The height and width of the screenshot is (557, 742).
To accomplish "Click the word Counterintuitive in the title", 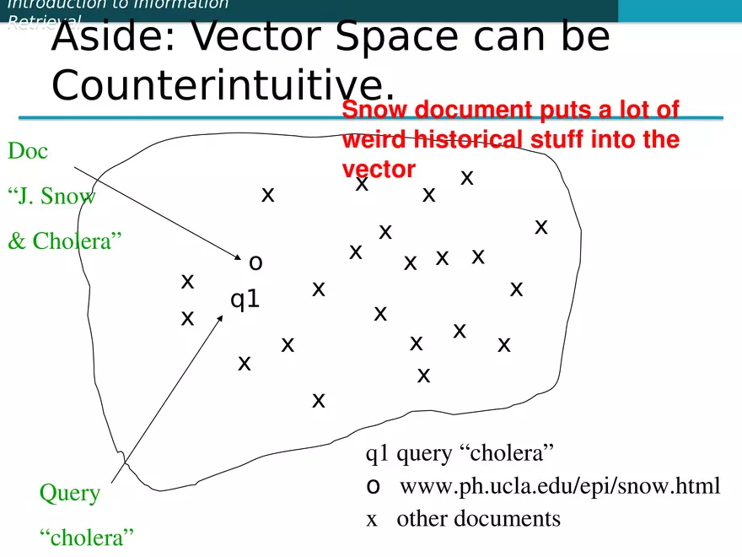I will (223, 84).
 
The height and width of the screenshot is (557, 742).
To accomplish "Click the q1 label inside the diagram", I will (245, 300).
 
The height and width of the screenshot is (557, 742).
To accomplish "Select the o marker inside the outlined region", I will (255, 262).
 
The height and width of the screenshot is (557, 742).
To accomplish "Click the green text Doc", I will (28, 152).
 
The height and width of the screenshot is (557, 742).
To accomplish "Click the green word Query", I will (70, 493).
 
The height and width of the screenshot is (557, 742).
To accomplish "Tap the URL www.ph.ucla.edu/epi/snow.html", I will (560, 486).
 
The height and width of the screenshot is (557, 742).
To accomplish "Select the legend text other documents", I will (478, 518).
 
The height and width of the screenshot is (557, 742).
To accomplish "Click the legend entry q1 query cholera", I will (460, 453).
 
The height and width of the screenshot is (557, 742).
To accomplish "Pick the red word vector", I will (379, 169).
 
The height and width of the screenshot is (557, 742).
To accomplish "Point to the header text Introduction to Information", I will (118, 4).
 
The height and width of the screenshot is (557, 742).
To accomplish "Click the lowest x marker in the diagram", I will (319, 400).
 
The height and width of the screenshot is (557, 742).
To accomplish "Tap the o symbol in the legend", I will (373, 486).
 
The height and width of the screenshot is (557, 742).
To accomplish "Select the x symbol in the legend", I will (372, 519).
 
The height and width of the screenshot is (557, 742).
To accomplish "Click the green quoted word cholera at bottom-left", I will (88, 538).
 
